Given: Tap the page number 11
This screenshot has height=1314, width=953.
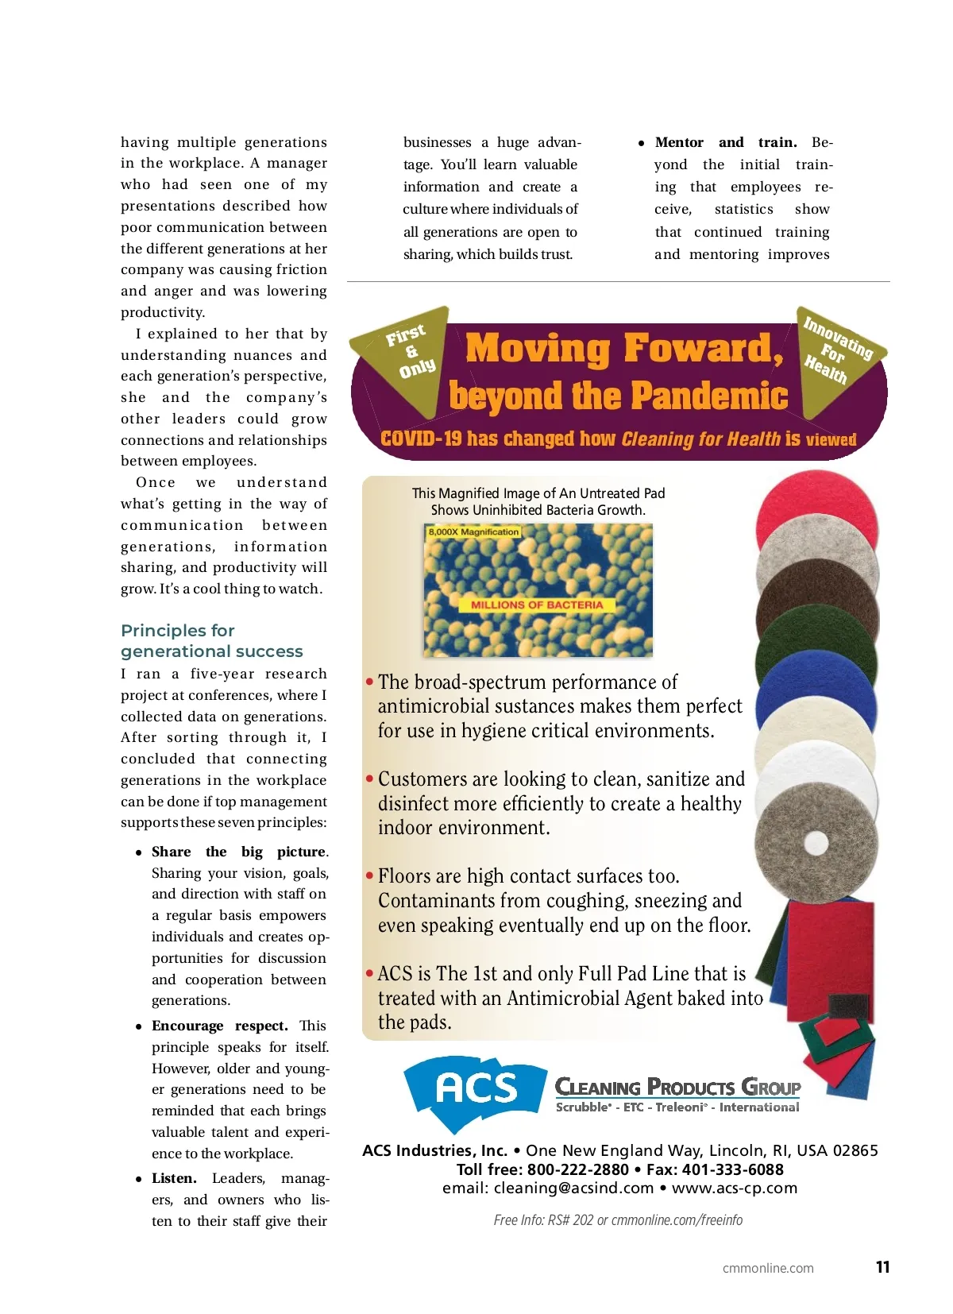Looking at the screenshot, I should click(x=882, y=1267).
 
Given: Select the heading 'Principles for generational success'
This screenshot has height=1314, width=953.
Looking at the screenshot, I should click(x=211, y=640).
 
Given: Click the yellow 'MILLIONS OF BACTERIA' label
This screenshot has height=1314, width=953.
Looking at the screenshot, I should click(x=537, y=605).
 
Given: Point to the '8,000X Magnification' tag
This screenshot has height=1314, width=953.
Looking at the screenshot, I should click(x=473, y=531).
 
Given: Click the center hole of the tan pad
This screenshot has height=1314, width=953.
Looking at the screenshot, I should click(x=816, y=842).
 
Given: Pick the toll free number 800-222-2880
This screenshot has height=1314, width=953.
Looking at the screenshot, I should click(x=577, y=1169).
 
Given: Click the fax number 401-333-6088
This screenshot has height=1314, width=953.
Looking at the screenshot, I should click(x=732, y=1169).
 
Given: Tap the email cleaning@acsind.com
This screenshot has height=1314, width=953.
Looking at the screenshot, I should click(x=573, y=1188).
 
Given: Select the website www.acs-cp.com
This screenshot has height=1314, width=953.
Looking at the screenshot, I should click(x=734, y=1188).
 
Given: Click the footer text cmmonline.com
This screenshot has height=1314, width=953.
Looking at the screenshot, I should click(x=767, y=1268).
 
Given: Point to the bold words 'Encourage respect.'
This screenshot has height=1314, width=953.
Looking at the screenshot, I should click(x=219, y=1026).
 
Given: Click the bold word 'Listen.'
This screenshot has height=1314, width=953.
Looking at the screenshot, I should click(x=174, y=1178).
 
